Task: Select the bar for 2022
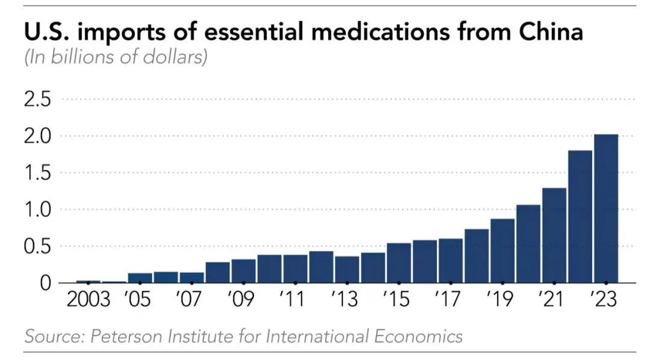(580, 217)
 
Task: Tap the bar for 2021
(554, 235)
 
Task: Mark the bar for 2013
(347, 269)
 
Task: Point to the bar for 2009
(243, 271)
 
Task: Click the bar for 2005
(140, 278)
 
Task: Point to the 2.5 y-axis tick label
(38, 99)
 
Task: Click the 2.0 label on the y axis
(38, 136)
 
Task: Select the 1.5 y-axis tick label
(38, 173)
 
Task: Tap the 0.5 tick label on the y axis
(38, 246)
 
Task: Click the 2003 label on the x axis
(88, 299)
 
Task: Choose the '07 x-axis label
(191, 299)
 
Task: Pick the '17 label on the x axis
(450, 299)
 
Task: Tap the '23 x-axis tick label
(605, 299)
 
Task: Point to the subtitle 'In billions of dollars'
(116, 58)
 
